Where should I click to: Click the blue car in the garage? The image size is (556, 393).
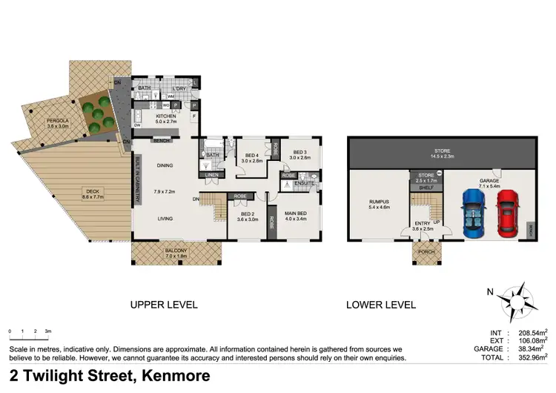click(472, 212)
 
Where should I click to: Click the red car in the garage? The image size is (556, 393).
click(507, 212)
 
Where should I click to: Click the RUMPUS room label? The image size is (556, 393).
click(378, 199)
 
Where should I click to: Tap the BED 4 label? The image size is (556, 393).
click(253, 155)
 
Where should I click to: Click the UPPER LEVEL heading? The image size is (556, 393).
click(163, 305)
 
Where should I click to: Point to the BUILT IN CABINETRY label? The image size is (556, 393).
click(138, 182)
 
